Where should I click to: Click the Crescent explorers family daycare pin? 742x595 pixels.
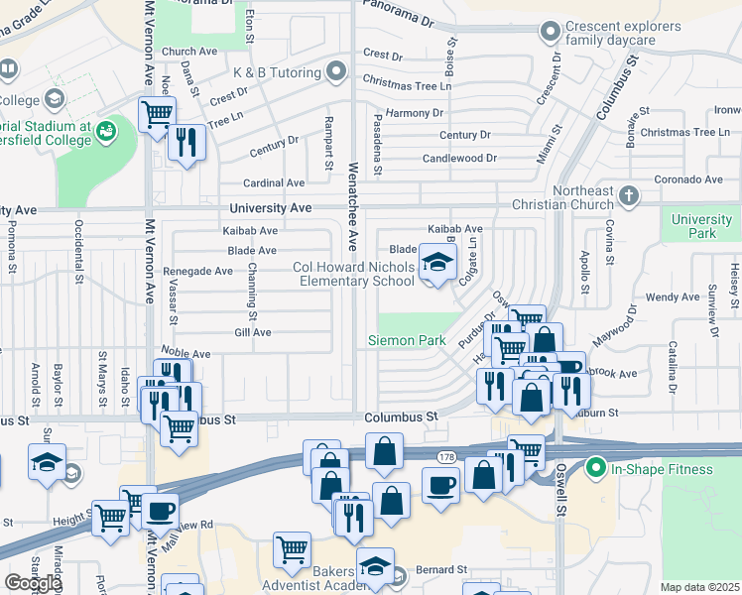(x=548, y=33)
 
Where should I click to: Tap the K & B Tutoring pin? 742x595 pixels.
(x=336, y=72)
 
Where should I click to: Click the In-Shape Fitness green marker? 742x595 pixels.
(x=595, y=467)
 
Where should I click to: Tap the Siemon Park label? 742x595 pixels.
(x=406, y=340)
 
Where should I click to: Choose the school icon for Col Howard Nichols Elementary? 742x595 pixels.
(x=434, y=263)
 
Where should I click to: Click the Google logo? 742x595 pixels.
(x=33, y=582)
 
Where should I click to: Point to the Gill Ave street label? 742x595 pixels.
(x=252, y=333)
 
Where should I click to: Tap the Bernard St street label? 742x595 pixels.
(x=441, y=570)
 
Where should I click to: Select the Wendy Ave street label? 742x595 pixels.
(x=673, y=297)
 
